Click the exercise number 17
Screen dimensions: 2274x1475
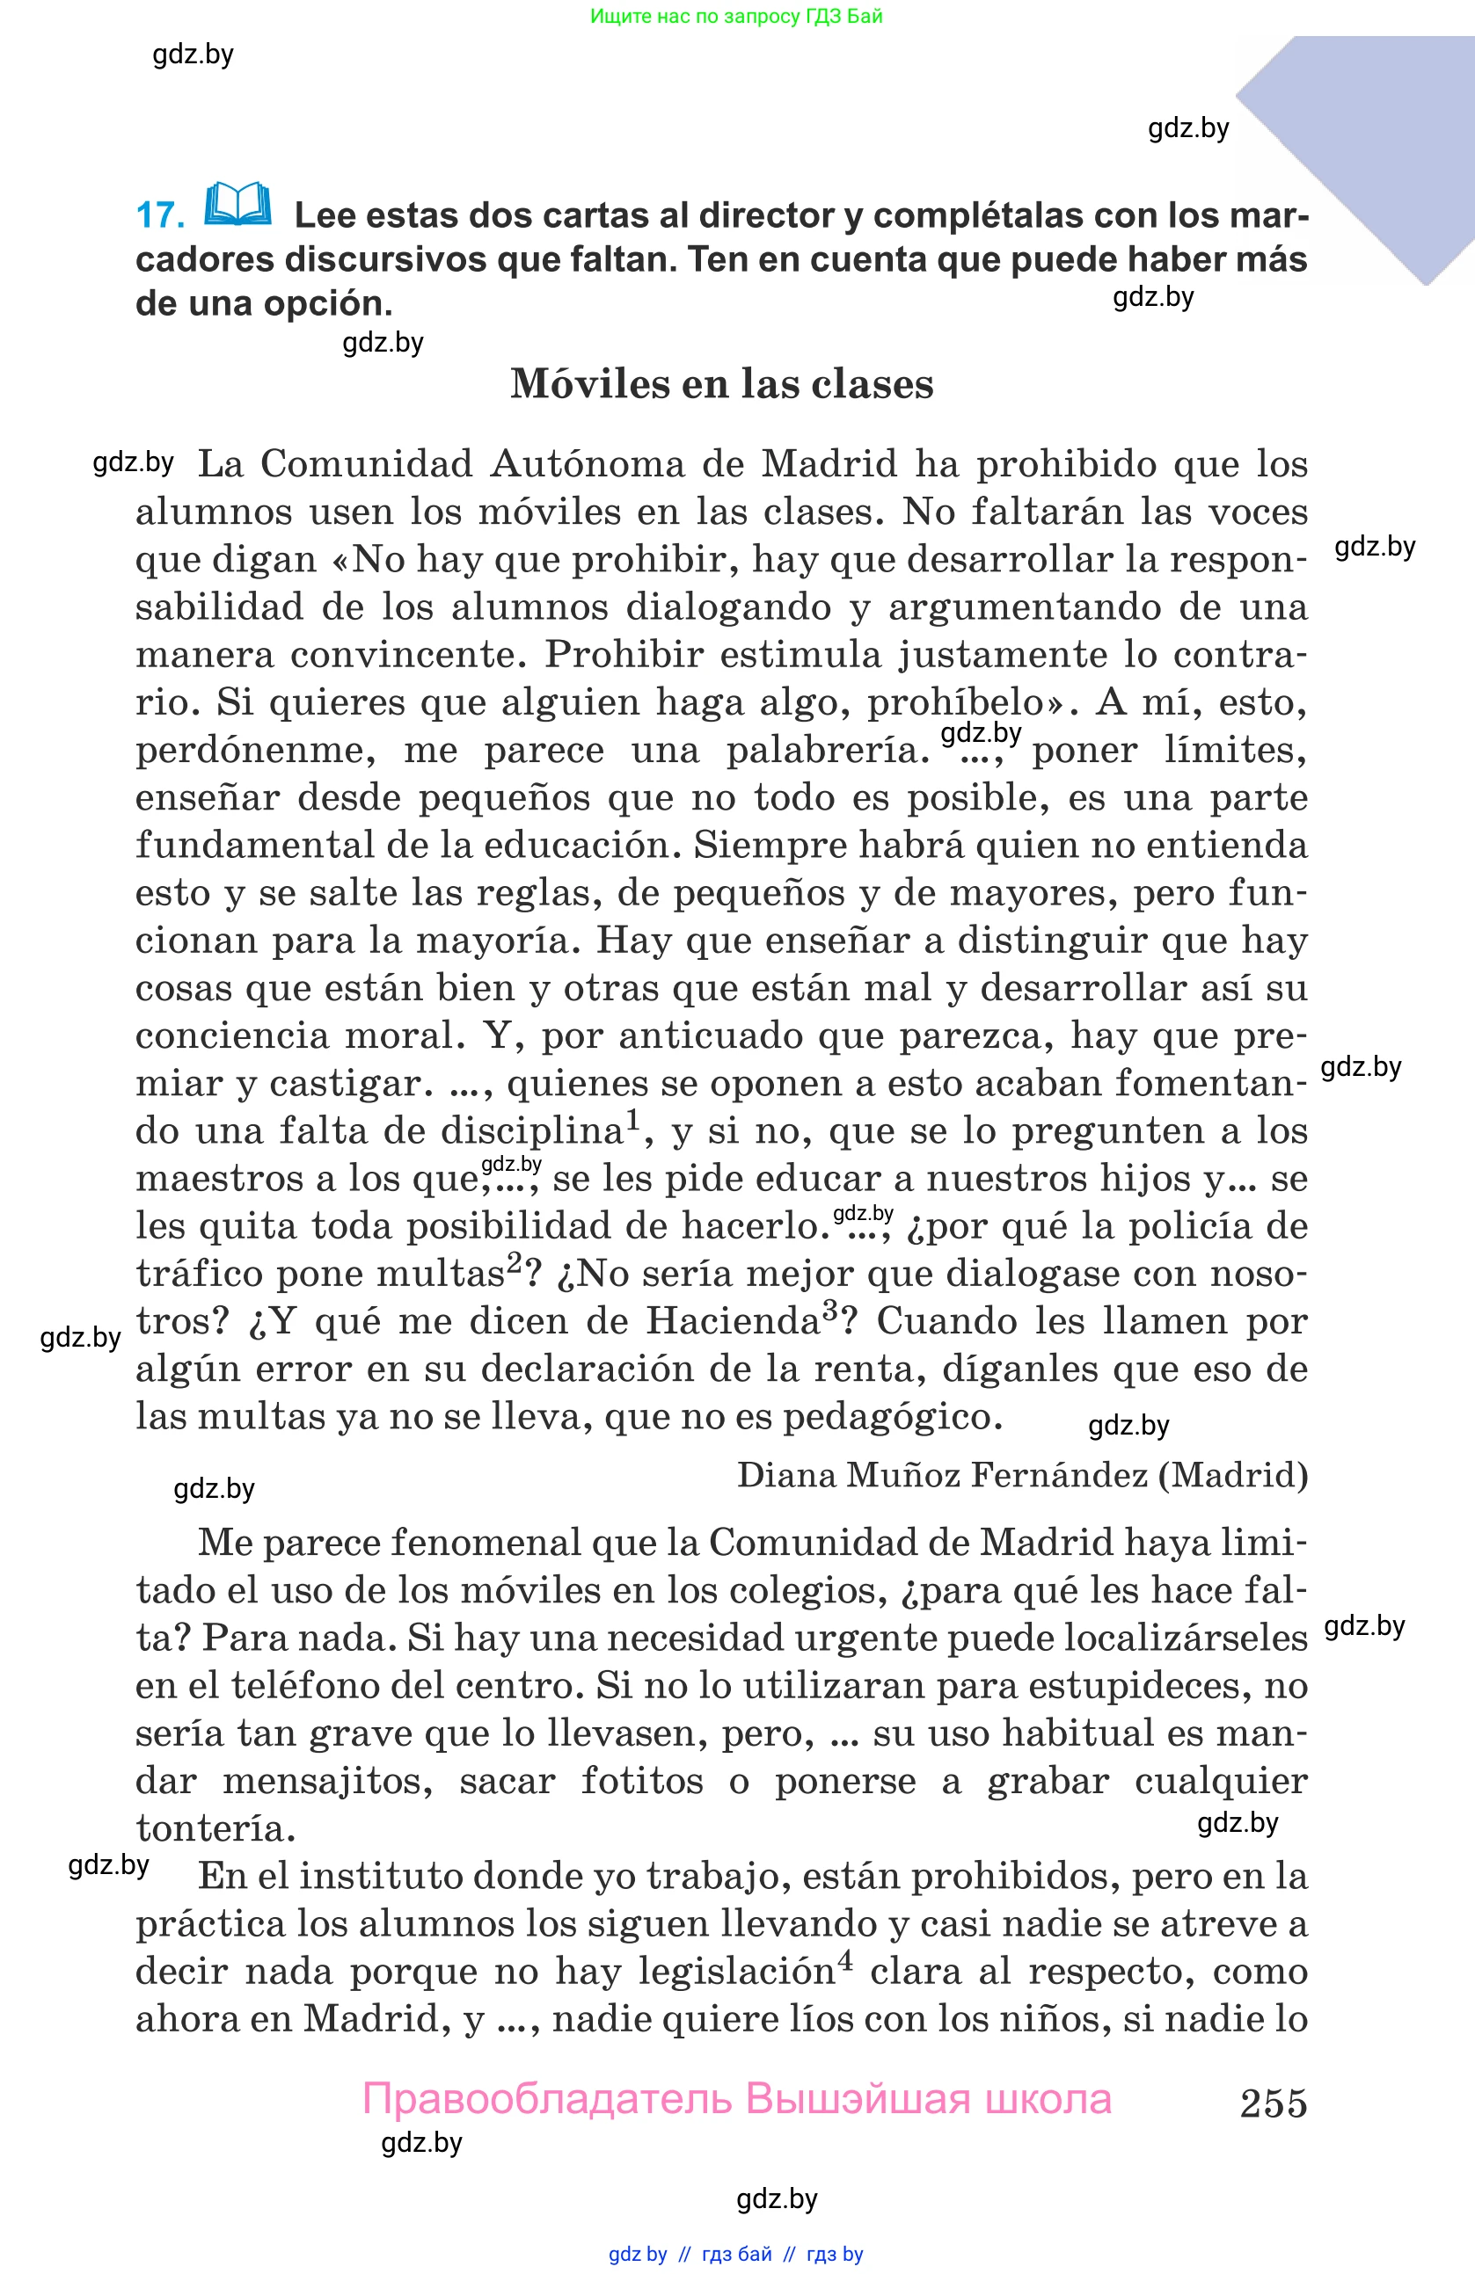[x=160, y=215]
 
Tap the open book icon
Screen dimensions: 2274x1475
[x=238, y=204]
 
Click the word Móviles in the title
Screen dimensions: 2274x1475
[x=588, y=384]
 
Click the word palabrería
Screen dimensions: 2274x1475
[x=828, y=750]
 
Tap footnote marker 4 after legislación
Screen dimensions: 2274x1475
[x=845, y=1963]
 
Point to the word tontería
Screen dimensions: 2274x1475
[x=215, y=1828]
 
